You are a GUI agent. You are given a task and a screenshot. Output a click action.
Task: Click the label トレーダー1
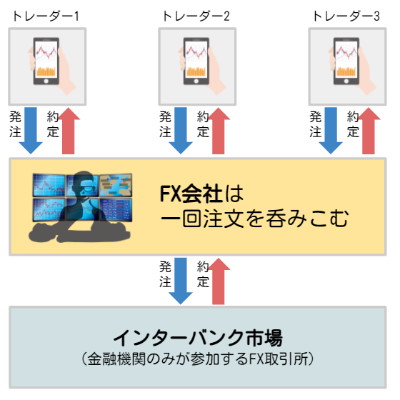[x=46, y=16]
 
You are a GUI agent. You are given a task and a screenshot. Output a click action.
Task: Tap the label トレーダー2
[x=196, y=16]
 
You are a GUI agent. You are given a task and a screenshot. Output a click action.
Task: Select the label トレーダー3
[x=346, y=16]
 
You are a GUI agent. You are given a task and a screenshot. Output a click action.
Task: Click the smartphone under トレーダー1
[x=46, y=61]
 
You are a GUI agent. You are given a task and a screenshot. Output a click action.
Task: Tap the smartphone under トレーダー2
[x=196, y=61]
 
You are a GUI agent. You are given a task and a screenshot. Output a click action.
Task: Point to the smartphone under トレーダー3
[x=346, y=61]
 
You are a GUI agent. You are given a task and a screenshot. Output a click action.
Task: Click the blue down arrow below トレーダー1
[x=31, y=131]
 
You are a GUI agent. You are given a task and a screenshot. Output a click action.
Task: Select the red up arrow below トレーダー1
[x=68, y=131]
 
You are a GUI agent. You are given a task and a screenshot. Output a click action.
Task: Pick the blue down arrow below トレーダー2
[x=181, y=131]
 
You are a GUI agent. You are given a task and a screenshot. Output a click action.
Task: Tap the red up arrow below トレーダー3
[x=369, y=131]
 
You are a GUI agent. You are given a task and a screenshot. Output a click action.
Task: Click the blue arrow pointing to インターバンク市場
[x=181, y=281]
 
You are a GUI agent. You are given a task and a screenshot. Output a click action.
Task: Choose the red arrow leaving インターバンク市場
[x=219, y=281]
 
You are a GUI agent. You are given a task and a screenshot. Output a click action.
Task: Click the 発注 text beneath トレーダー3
[x=315, y=124]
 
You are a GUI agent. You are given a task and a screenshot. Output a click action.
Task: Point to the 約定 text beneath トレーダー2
[x=203, y=124]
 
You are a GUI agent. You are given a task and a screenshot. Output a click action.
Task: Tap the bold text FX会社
[x=191, y=194]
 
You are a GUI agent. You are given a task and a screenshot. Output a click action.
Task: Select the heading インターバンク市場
[x=198, y=337]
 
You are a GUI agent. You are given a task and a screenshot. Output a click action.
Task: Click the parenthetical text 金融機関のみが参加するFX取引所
[x=198, y=359]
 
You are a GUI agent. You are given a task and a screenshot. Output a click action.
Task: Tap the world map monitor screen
[x=116, y=185]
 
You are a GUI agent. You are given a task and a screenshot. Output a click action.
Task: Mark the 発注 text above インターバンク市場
[x=165, y=274]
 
